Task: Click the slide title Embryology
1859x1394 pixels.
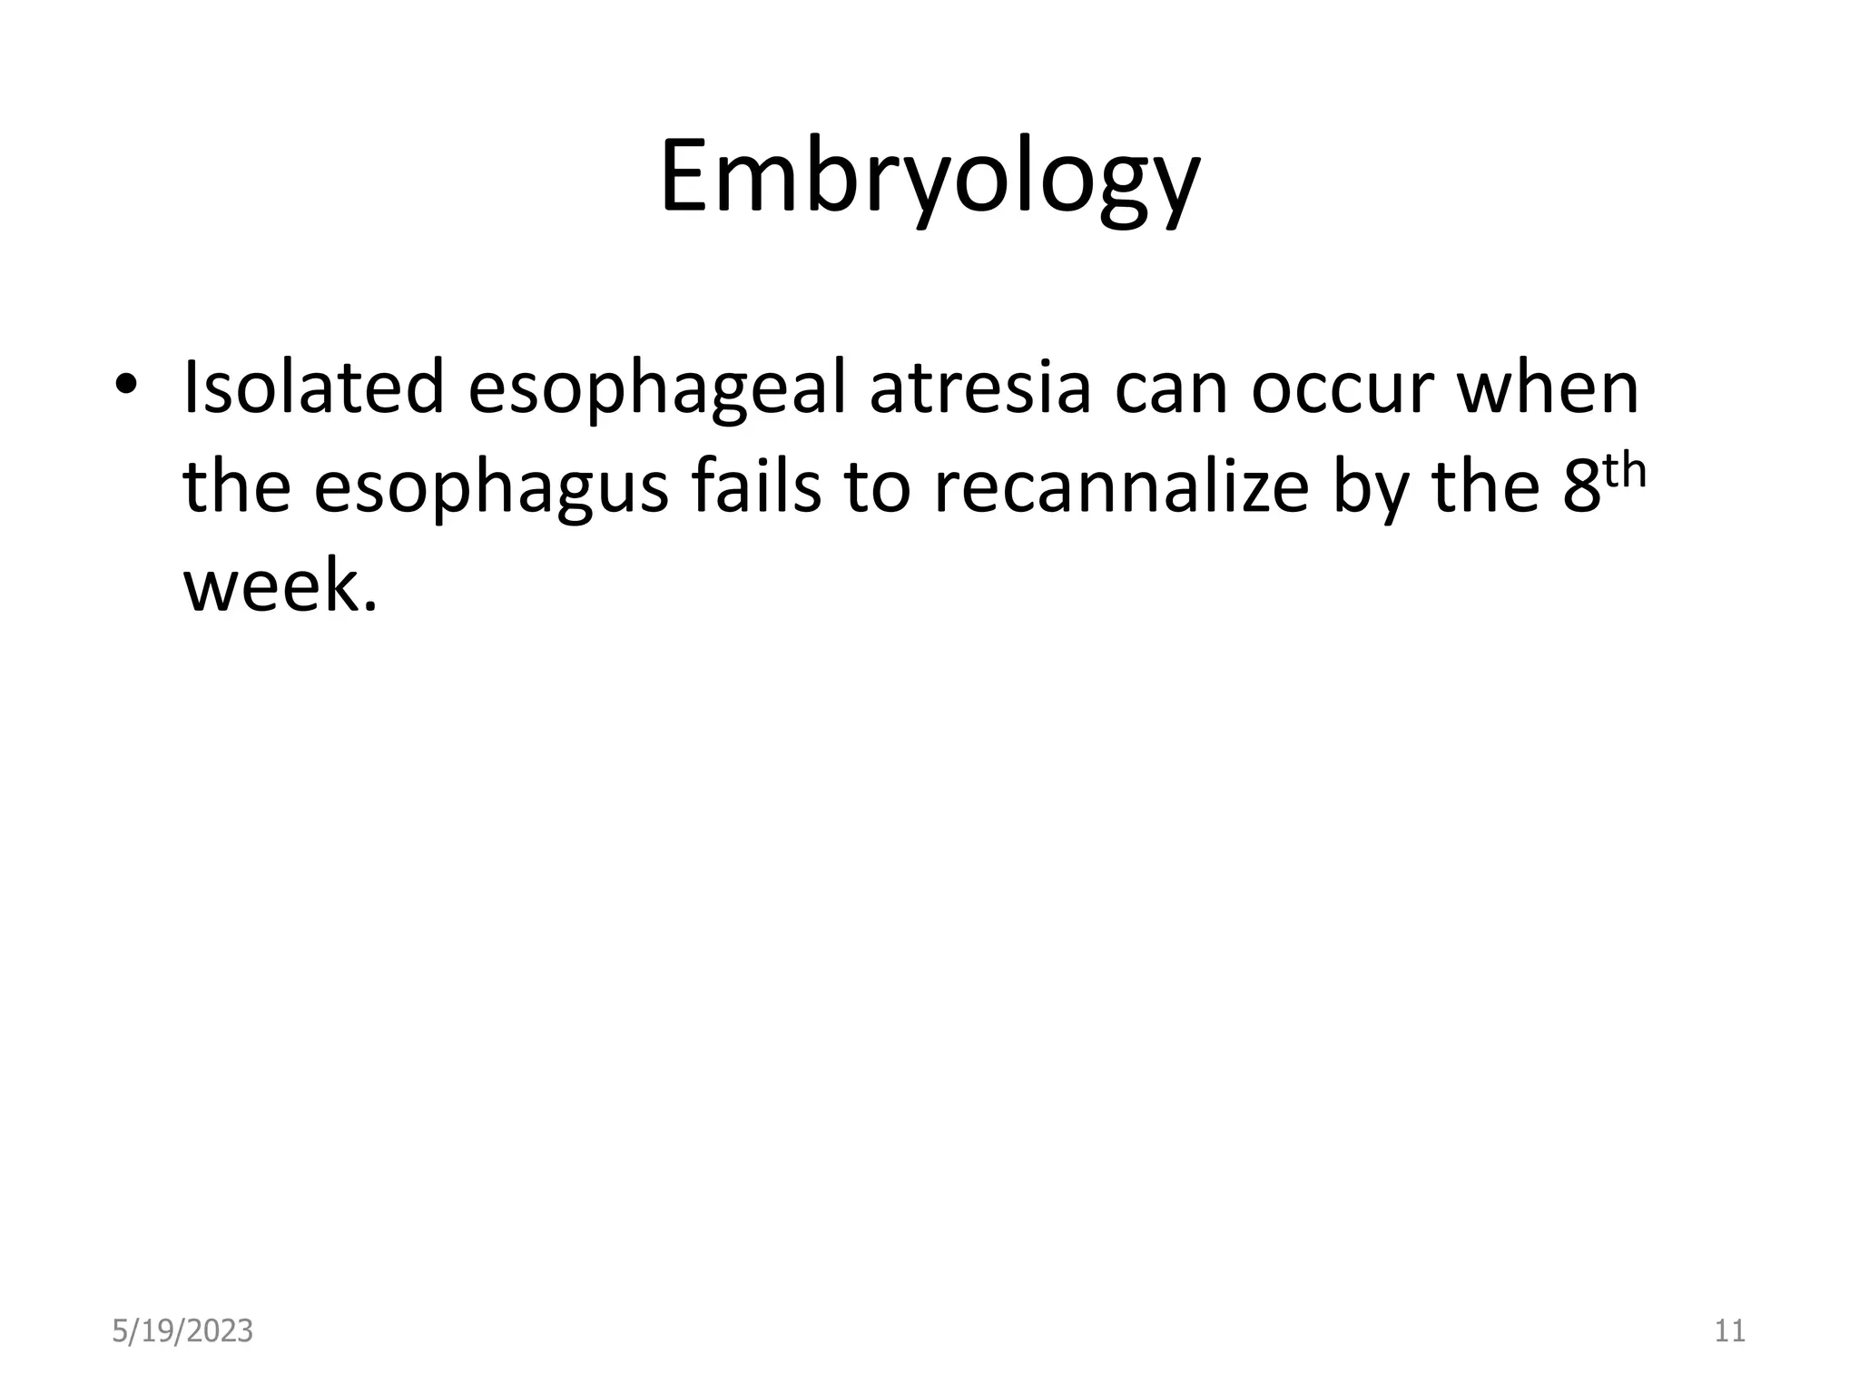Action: (x=929, y=179)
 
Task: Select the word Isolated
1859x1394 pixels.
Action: (x=313, y=388)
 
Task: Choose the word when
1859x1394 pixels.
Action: (x=1547, y=388)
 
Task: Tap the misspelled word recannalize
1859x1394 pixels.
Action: (x=1121, y=486)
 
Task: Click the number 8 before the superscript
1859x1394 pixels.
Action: (x=1581, y=487)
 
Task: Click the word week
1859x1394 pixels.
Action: (x=277, y=585)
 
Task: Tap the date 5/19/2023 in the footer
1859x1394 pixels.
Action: (x=182, y=1331)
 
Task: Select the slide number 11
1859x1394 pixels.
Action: (x=1729, y=1331)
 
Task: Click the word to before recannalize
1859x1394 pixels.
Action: (x=877, y=487)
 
